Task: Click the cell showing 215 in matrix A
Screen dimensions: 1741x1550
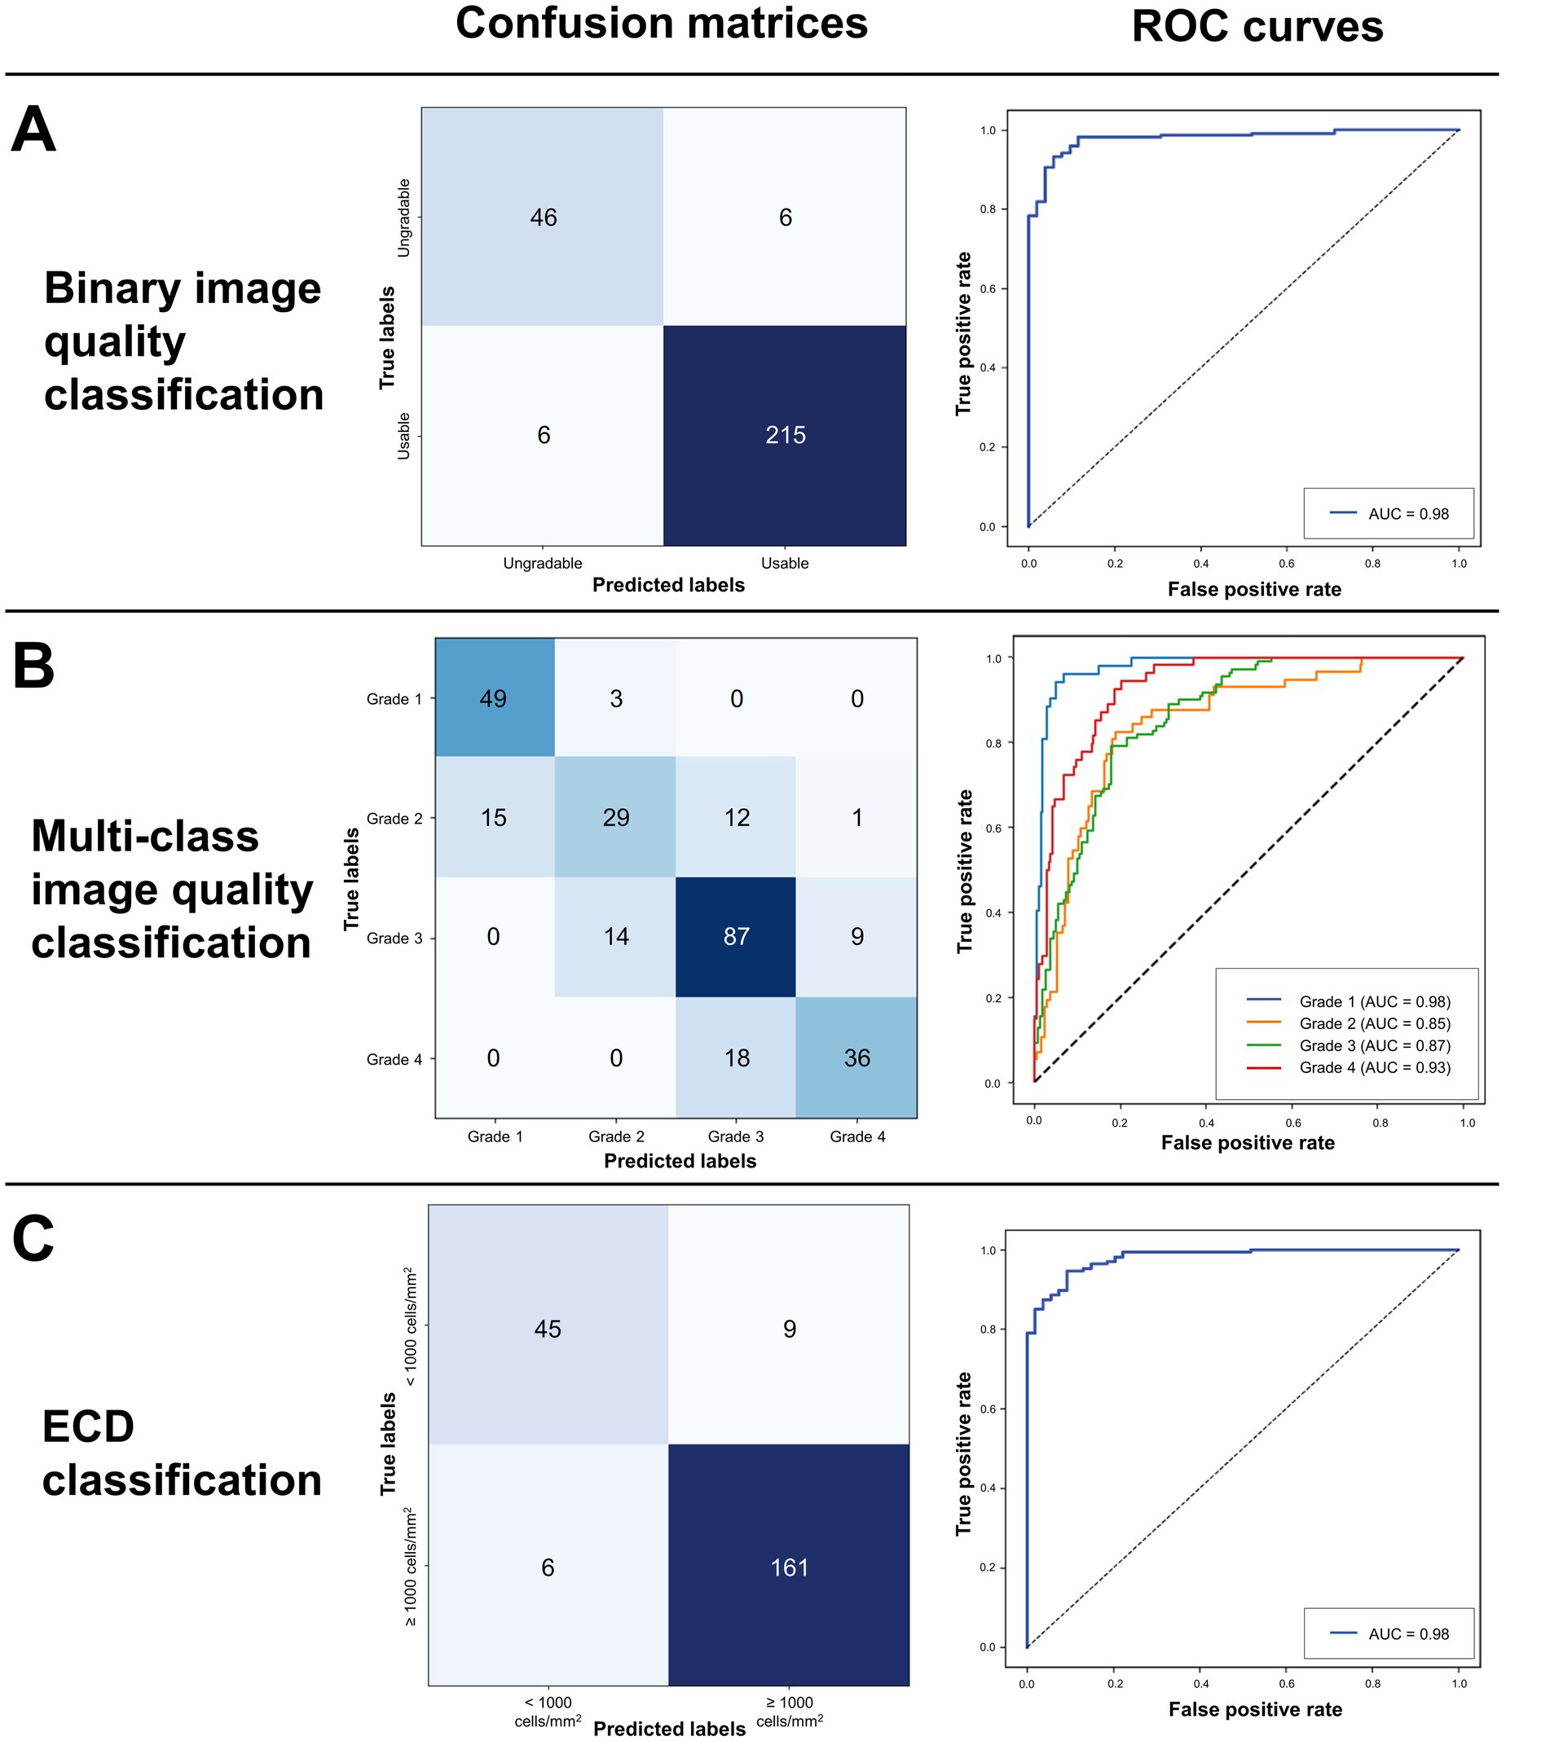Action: [785, 435]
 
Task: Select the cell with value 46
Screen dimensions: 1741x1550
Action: [543, 218]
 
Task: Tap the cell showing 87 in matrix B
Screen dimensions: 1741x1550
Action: [736, 936]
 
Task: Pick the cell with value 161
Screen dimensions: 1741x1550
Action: [789, 1567]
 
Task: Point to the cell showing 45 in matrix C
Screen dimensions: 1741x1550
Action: [547, 1329]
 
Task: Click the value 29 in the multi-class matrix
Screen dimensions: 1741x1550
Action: [615, 818]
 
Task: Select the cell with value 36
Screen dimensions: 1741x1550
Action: [856, 1058]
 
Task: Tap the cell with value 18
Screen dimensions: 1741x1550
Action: [736, 1058]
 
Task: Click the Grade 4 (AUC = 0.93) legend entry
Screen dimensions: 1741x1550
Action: [1374, 1067]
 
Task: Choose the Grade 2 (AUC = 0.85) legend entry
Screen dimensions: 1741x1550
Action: [1374, 1023]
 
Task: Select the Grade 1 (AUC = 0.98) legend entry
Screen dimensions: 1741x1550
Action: [1374, 1002]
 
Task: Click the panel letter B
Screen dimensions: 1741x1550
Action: [33, 667]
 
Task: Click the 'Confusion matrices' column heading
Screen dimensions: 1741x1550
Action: [661, 24]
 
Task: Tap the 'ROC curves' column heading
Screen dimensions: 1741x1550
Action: [1257, 27]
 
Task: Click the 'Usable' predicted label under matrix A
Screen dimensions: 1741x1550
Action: [785, 563]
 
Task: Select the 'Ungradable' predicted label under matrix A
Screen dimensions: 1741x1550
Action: [543, 563]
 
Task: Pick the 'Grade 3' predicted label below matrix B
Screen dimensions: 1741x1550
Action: [736, 1136]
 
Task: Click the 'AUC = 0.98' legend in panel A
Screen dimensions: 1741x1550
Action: [1407, 513]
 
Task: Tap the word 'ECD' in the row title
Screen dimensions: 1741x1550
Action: [89, 1427]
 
